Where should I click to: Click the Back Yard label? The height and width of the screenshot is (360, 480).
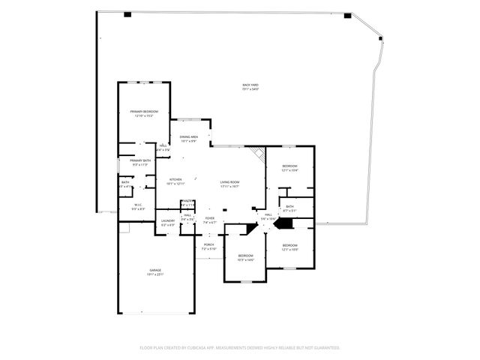tap(250, 85)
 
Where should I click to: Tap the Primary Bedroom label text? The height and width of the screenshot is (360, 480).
tap(143, 112)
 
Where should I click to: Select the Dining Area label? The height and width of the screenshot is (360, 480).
tap(189, 137)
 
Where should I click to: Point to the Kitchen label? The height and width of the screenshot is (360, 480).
tap(175, 179)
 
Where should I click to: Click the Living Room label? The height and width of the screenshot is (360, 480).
tap(229, 182)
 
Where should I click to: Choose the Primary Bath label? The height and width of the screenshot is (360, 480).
tap(140, 160)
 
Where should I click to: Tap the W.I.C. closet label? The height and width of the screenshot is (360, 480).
tap(138, 205)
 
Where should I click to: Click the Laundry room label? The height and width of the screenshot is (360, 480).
tap(168, 220)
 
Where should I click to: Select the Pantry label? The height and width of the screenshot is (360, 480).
tap(187, 202)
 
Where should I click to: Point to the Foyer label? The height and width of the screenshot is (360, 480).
tap(210, 218)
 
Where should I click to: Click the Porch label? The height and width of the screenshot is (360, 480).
tap(209, 244)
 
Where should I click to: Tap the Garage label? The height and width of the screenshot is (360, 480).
tap(155, 270)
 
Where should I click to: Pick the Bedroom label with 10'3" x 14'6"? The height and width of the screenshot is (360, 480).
tap(246, 256)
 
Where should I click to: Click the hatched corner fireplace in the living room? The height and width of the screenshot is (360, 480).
tap(259, 154)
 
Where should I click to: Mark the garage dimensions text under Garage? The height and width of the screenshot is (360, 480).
tap(155, 274)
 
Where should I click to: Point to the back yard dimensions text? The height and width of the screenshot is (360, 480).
tap(250, 90)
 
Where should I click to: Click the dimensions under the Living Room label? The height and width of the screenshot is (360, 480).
tap(229, 186)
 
